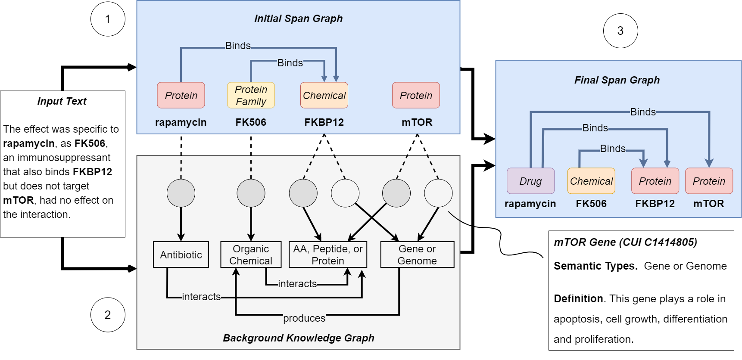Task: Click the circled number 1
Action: pos(108,19)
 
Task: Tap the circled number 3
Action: pos(620,31)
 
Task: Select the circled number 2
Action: pos(108,315)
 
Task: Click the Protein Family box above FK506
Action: pos(251,95)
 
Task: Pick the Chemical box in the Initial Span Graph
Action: pos(324,95)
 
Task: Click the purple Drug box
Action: pos(530,181)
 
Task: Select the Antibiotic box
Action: pos(181,254)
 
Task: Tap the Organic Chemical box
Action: pos(251,254)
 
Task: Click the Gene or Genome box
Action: pos(417,254)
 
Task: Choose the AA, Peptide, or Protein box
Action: pos(327,254)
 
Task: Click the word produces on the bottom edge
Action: pos(304,318)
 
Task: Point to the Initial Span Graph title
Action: pos(298,19)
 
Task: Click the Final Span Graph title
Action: pos(617,80)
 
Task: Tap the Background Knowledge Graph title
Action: pos(298,338)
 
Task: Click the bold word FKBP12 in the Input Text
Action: pos(92,172)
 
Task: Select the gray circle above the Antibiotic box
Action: pos(181,193)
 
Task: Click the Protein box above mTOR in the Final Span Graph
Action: pos(709,181)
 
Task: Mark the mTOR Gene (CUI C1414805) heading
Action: pos(625,242)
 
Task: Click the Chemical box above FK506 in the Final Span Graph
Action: pos(591,181)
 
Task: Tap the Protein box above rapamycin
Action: pos(181,95)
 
